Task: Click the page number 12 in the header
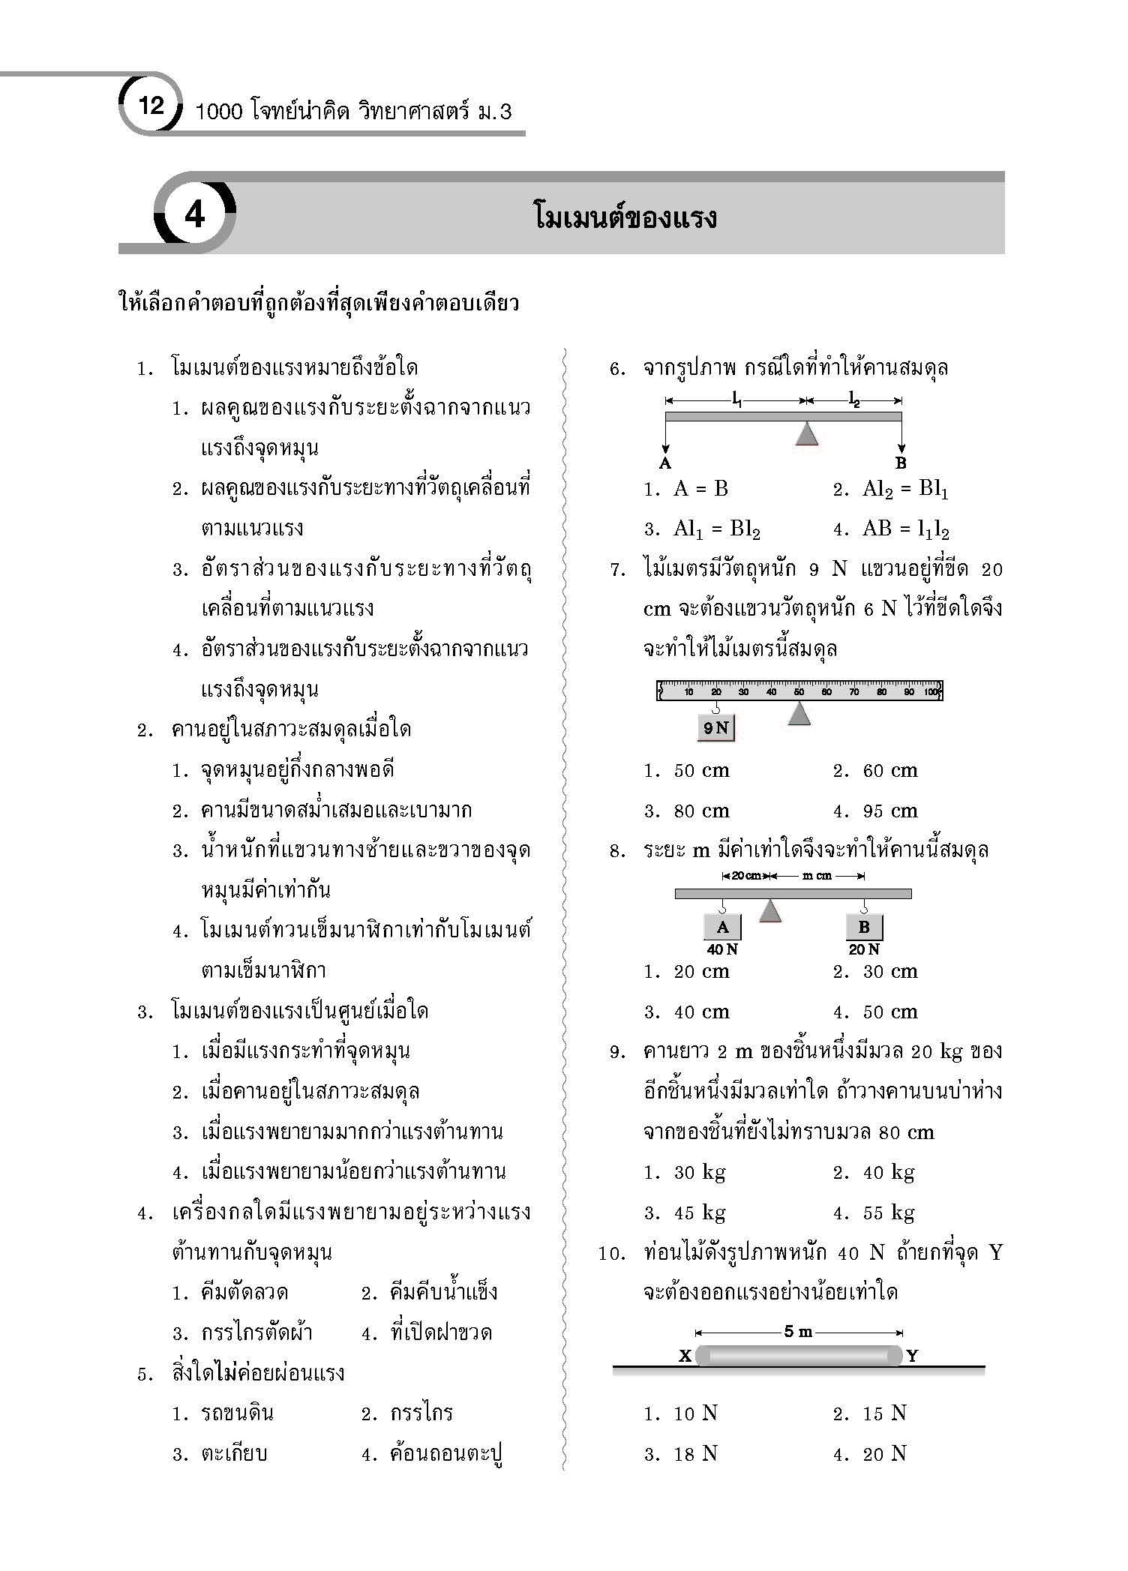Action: click(151, 105)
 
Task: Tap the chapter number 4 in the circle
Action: click(194, 216)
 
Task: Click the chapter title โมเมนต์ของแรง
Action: click(625, 217)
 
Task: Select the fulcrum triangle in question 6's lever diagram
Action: click(806, 433)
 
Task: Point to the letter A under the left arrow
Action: click(664, 463)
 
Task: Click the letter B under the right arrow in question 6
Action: click(901, 463)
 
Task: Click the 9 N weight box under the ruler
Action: click(716, 727)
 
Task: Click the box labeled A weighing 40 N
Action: click(722, 928)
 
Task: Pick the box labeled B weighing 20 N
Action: click(864, 928)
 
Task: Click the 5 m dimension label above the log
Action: click(798, 1332)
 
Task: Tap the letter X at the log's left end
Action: click(685, 1356)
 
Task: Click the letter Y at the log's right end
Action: click(912, 1356)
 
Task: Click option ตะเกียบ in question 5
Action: click(234, 1454)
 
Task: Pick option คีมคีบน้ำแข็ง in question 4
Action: click(443, 1293)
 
